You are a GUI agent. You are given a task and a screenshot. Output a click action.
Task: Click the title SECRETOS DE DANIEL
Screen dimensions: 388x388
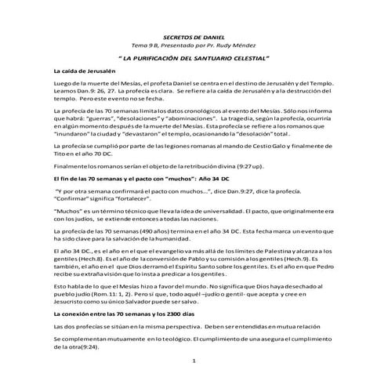tap(192, 35)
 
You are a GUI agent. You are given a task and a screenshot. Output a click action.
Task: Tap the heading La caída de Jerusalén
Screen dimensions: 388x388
tap(85, 71)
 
